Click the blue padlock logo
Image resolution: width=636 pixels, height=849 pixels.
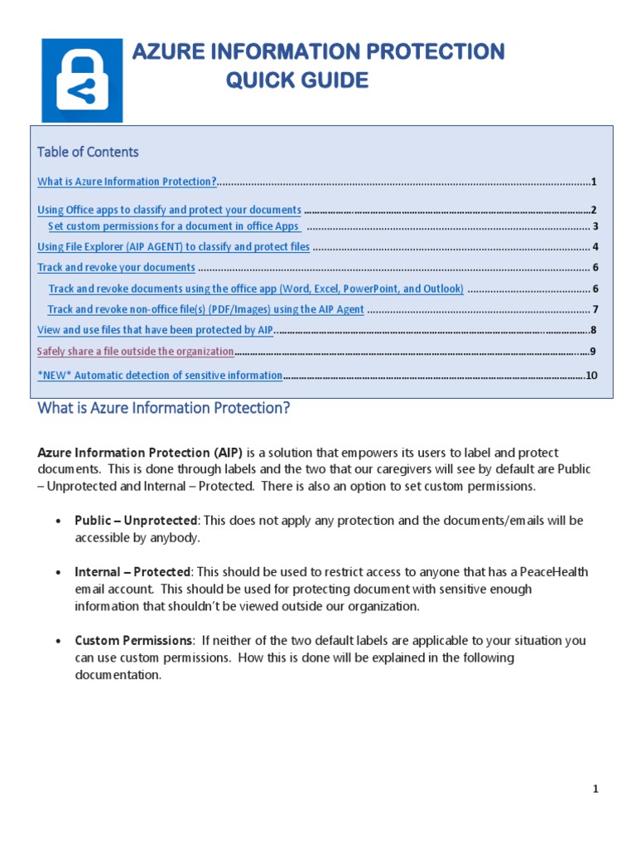point(82,81)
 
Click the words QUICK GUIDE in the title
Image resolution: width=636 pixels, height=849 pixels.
point(297,80)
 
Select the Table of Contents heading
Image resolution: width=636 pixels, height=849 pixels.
point(88,152)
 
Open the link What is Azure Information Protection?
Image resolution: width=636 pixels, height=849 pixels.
point(128,182)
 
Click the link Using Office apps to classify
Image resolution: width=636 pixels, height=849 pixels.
point(169,211)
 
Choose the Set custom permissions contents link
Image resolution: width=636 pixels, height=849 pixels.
point(173,226)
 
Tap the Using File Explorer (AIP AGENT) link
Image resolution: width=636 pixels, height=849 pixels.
point(174,247)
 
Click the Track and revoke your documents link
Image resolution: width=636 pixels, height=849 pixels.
point(116,268)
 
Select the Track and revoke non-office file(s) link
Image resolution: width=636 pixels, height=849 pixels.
point(205,309)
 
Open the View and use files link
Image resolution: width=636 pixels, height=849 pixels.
point(155,330)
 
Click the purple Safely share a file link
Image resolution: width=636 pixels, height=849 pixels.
point(135,352)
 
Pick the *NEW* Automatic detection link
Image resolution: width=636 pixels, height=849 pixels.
point(160,376)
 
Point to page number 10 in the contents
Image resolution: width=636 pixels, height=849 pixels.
point(591,376)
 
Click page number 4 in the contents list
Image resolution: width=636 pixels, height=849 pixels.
point(595,247)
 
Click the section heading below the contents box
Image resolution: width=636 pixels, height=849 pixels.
point(164,409)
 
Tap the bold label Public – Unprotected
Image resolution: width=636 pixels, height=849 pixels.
point(136,521)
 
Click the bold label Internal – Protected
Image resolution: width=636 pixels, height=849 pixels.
point(132,573)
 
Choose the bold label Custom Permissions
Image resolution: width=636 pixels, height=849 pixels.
point(134,641)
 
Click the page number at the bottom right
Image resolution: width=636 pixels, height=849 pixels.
point(595,789)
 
